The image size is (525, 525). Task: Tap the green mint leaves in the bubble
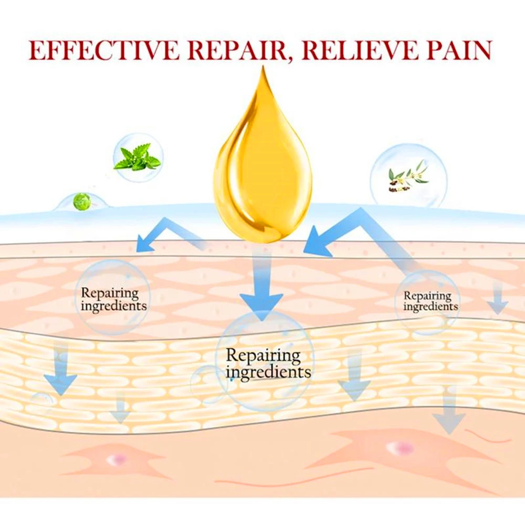pyautogui.click(x=137, y=157)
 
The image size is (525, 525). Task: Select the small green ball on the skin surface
pyautogui.click(x=81, y=202)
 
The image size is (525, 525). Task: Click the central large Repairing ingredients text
pyautogui.click(x=268, y=364)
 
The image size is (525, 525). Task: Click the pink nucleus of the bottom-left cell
pyautogui.click(x=117, y=460)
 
